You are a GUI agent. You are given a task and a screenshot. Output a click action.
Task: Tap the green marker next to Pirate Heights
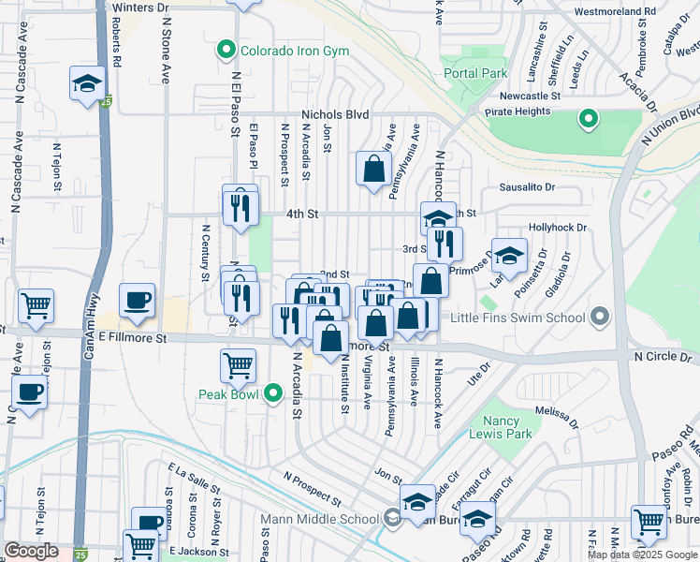tap(588, 118)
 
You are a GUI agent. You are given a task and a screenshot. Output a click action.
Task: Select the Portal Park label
tap(474, 73)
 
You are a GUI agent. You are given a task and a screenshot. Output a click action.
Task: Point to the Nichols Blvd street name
tap(336, 114)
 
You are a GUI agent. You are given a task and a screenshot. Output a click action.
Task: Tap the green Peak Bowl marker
tap(273, 392)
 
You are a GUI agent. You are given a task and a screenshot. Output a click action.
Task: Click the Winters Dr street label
tap(140, 7)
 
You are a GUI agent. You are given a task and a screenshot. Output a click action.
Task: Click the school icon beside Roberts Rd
tap(87, 84)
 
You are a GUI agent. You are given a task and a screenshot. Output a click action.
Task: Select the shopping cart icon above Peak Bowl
tap(239, 364)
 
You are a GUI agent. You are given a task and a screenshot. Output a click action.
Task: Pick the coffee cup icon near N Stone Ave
tap(138, 300)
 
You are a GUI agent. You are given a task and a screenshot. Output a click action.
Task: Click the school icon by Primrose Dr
tap(509, 255)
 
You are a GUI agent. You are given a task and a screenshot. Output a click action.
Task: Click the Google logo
tap(32, 552)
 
